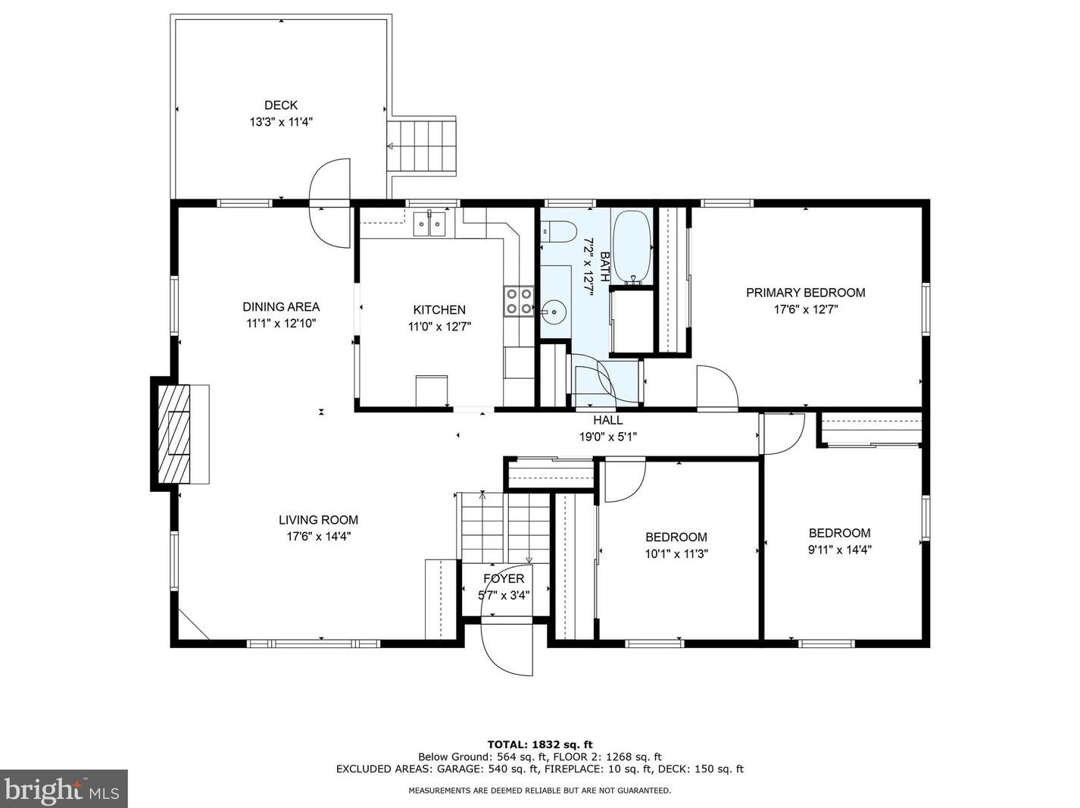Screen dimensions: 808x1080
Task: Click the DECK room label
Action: pos(281,105)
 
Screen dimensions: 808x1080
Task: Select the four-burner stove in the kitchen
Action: pos(519,301)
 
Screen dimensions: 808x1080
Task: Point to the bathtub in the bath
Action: pos(631,246)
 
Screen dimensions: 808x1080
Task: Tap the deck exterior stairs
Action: pos(423,146)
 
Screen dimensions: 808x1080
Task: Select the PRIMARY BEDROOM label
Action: pos(805,293)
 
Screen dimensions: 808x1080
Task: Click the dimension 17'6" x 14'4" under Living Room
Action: pos(318,537)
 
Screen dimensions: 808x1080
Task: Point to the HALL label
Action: pos(608,420)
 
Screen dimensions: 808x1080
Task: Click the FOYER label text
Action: pos(504,579)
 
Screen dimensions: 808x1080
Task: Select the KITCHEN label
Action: pos(439,310)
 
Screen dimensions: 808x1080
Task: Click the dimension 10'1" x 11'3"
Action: pos(676,554)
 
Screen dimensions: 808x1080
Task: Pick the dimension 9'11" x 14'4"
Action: pos(839,550)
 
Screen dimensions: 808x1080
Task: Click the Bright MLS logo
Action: pos(64,789)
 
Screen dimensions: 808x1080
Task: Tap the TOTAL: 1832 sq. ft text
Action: pos(539,744)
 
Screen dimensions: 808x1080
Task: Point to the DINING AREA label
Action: pos(281,307)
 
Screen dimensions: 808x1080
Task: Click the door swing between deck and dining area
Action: pos(331,202)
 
